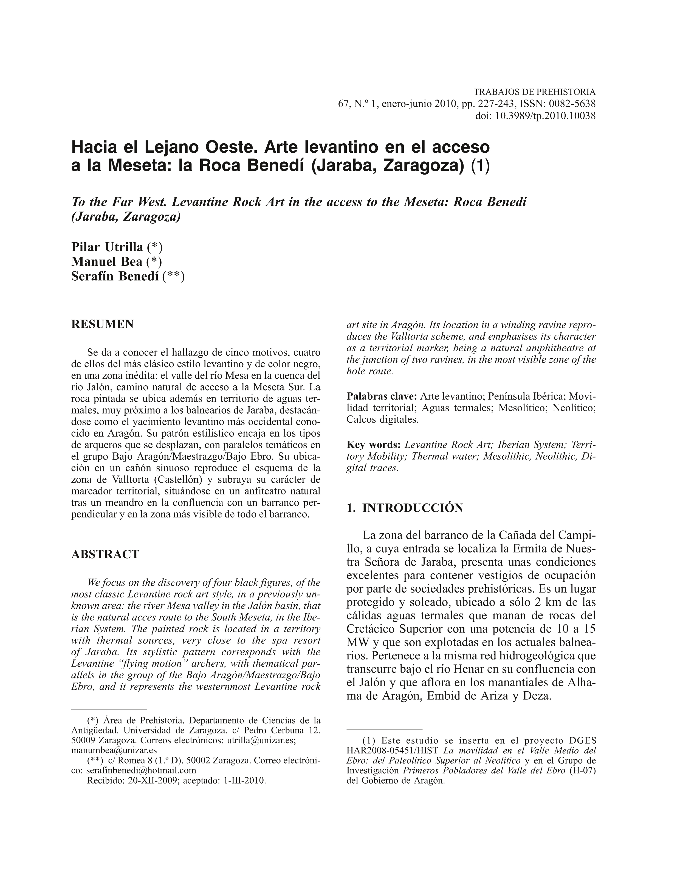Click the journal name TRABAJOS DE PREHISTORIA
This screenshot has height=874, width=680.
535,92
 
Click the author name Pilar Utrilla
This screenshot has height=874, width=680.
107,247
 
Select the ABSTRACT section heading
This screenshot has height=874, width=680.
105,554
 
